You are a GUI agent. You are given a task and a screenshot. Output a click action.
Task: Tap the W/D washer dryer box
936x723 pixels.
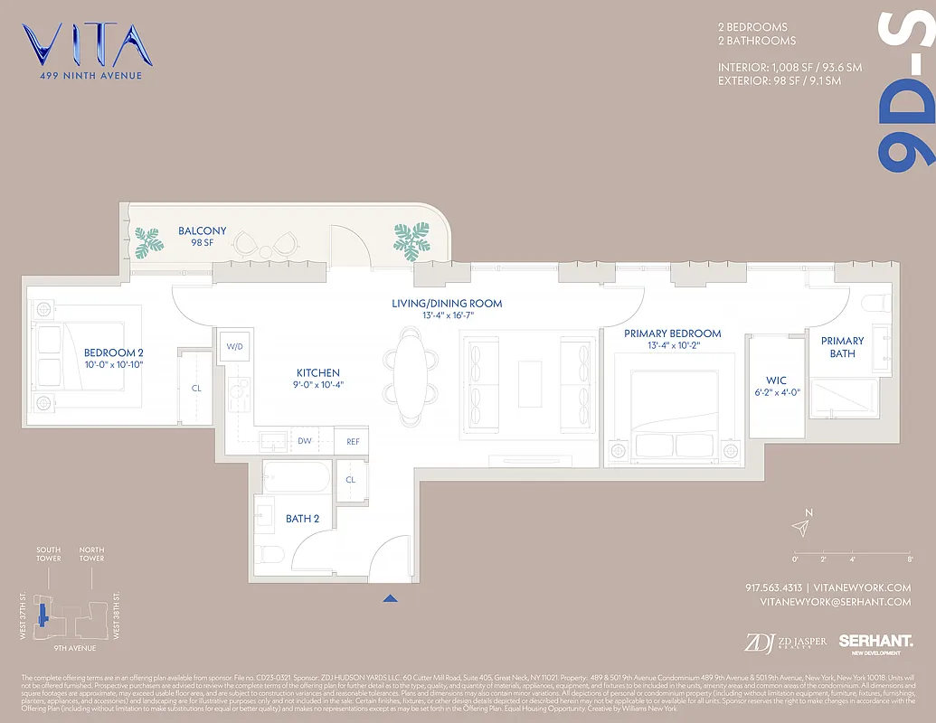tap(233, 346)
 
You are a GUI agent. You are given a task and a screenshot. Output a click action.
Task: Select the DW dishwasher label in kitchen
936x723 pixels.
tap(305, 442)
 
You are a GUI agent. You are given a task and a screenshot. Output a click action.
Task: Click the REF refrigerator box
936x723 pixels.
tap(352, 442)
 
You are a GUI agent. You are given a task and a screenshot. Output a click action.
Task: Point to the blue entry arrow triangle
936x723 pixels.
tap(390, 597)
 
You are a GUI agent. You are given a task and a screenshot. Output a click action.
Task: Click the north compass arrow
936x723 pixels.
tap(800, 527)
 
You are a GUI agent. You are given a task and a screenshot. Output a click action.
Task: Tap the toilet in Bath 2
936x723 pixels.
tap(270, 554)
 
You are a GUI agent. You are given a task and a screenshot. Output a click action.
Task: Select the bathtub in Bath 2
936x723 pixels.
tap(298, 475)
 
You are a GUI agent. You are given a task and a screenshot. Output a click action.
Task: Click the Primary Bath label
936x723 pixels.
tap(842, 347)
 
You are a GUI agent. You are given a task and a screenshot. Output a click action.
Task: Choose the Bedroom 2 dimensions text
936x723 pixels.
tap(113, 364)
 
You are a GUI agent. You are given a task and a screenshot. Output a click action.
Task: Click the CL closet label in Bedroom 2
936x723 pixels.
tap(196, 388)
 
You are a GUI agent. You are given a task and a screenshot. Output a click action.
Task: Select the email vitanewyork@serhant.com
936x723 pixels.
tap(835, 601)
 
